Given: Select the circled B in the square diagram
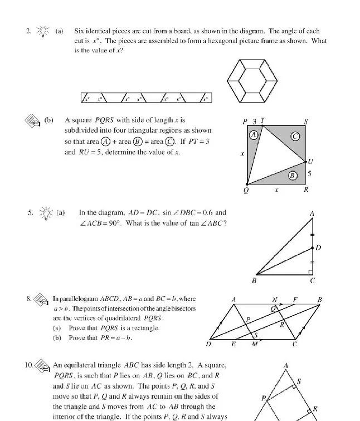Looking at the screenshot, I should click(292, 176).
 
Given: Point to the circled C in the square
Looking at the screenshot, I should click(295, 136).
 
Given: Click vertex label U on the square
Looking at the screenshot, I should click(310, 162).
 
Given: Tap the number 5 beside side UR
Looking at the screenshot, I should click(310, 174).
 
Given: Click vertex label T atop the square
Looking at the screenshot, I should click(263, 120).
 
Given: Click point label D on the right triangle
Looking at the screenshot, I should click(318, 247).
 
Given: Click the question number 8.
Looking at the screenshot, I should click(29, 298).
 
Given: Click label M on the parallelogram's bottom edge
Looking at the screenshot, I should click(255, 344).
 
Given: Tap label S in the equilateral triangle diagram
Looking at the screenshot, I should click(299, 381).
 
